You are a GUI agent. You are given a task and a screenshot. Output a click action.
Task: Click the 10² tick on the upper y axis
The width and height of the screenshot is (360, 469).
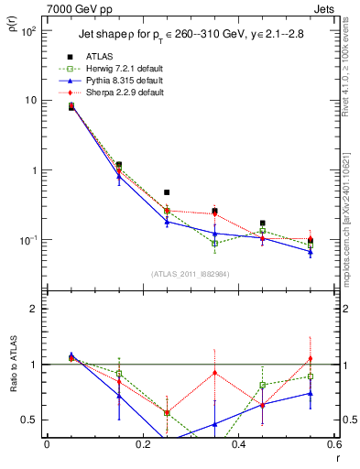pyautogui.click(x=29, y=31)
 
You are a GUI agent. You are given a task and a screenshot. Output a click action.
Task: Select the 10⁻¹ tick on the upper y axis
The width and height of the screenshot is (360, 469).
pyautogui.click(x=29, y=240)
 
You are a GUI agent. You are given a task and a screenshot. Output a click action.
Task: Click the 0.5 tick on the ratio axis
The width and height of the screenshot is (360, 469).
pyautogui.click(x=30, y=420)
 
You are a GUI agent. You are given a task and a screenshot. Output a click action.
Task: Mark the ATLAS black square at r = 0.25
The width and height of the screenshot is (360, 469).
pyautogui.click(x=166, y=192)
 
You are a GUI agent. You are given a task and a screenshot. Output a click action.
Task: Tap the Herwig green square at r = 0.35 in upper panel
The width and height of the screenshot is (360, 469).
pyautogui.click(x=214, y=244)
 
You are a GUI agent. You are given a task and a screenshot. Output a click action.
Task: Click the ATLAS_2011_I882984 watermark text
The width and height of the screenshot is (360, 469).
pyautogui.click(x=191, y=274)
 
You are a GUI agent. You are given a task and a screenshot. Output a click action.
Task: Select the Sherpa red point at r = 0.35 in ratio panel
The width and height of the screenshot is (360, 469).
pyautogui.click(x=214, y=373)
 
